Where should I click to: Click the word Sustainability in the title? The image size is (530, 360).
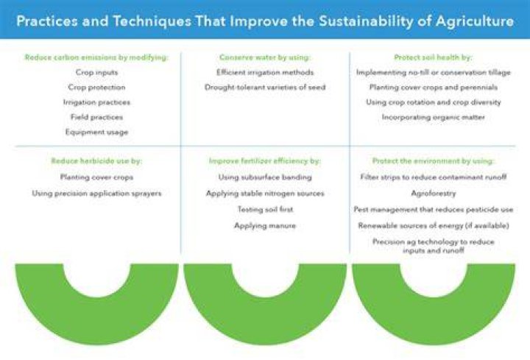coord(366,21)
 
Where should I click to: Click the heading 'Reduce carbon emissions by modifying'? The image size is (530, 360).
coord(96,57)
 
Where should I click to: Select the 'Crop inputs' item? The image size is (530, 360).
coord(96,72)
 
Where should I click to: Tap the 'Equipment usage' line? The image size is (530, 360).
coord(96,132)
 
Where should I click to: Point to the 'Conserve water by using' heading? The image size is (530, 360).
coord(265,57)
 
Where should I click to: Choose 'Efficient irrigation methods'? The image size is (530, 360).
coord(265,72)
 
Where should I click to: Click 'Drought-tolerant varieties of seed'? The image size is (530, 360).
coord(265,87)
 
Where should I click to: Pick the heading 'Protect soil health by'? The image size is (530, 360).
coord(433,57)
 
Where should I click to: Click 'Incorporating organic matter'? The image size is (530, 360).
coord(434,117)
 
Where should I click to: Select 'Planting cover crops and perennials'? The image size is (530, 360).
coord(434,87)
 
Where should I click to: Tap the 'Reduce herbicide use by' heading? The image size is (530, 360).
coord(96,161)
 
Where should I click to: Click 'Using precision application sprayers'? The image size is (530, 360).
coord(96,194)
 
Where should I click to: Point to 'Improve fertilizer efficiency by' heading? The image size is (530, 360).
coord(265,161)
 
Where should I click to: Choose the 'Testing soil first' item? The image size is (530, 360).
coord(265,209)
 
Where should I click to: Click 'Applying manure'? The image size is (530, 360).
coord(265,225)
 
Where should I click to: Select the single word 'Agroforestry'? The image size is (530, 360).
coord(434,194)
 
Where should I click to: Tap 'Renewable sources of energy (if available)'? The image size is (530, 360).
coord(434,225)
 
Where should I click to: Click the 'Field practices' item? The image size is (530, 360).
coord(96,117)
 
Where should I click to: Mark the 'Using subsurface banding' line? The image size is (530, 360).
coord(265,177)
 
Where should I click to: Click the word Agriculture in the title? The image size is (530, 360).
coord(475,21)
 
